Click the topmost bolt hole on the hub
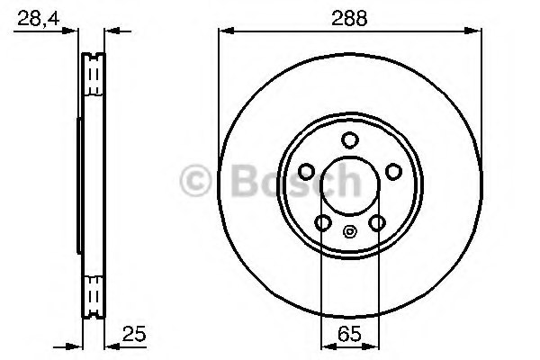coord(349,140)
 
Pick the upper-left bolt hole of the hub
coord(305,172)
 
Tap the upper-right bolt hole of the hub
coord(393,172)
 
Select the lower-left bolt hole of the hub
coord(322,223)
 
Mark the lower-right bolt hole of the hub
coord(377,223)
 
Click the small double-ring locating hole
coord(349,230)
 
